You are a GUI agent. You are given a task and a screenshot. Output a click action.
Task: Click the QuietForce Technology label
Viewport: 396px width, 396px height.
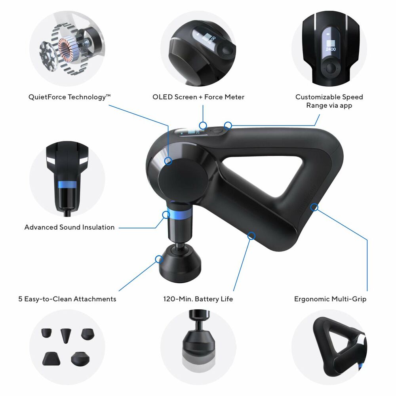[x=69, y=97]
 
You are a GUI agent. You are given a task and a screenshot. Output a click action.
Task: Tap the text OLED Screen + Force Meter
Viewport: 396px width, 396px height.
[x=198, y=97]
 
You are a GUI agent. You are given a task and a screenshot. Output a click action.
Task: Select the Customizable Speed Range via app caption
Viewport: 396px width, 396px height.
[x=329, y=101]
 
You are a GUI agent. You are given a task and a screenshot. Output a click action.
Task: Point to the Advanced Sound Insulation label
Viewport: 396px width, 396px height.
[x=69, y=227]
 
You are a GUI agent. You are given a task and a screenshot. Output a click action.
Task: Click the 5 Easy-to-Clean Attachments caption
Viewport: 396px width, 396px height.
[x=67, y=299]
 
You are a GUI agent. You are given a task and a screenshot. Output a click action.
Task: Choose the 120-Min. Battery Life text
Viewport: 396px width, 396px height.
[x=198, y=299]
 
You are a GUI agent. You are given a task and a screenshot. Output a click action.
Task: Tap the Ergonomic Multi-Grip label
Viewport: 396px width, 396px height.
[x=330, y=299]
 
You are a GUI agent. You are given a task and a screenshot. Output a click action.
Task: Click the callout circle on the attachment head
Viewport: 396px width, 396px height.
[x=159, y=259]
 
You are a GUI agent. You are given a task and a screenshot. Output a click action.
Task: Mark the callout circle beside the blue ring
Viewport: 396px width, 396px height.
[x=166, y=215]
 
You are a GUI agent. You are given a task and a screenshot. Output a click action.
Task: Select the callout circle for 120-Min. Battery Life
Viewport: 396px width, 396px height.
[x=251, y=236]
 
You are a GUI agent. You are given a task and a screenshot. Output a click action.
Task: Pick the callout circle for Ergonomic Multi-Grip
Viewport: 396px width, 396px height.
[x=314, y=207]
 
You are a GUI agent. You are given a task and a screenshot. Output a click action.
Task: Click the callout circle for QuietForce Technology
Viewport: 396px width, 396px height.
[x=168, y=161]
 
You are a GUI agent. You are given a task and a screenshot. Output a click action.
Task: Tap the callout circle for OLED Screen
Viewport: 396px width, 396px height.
[x=203, y=126]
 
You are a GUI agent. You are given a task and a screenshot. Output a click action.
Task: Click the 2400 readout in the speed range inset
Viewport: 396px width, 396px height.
[x=330, y=49]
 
